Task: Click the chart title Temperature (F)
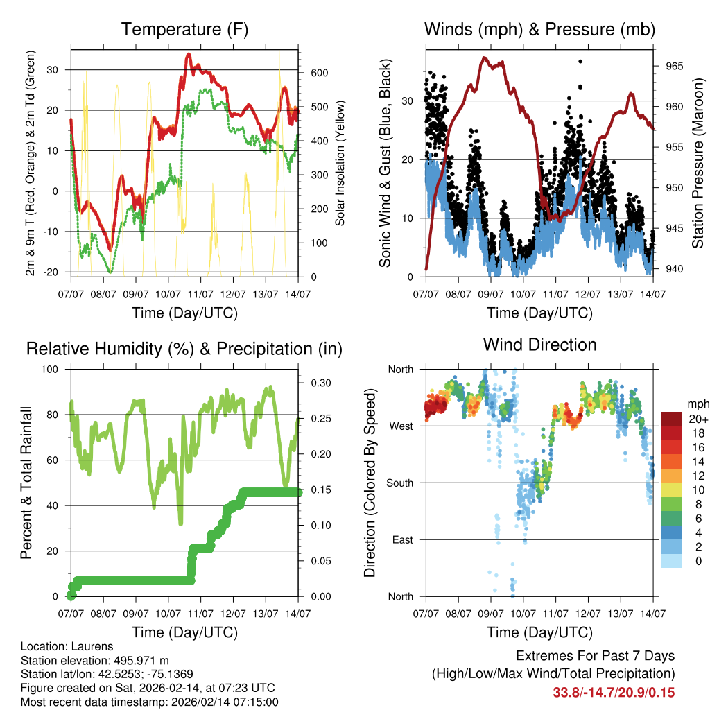[184, 30]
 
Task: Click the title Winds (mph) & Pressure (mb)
[539, 30]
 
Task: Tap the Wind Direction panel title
[539, 345]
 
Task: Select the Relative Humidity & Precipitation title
[184, 349]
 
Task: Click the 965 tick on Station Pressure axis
[675, 66]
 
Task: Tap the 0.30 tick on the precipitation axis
[320, 383]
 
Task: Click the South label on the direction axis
[399, 483]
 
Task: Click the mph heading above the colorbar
[697, 404]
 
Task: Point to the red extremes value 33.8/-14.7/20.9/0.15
[614, 692]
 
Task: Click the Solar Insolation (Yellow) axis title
[340, 163]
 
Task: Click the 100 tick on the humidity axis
[51, 369]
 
